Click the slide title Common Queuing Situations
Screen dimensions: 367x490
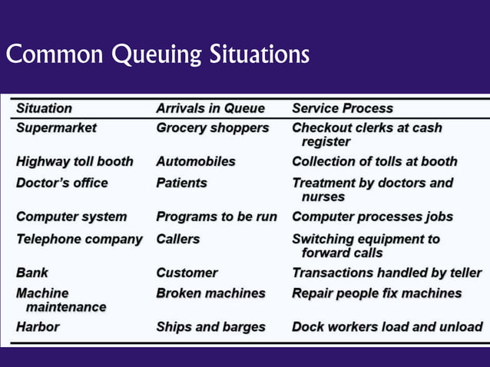157,55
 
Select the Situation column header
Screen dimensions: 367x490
45,108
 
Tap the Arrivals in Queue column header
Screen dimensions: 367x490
210,108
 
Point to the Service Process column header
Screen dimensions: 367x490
343,108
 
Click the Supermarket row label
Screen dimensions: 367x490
57,127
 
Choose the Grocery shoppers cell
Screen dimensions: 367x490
213,127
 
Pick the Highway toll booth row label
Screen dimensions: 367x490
74,161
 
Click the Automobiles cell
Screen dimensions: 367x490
196,161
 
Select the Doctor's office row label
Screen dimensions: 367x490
62,183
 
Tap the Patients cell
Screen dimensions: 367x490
182,183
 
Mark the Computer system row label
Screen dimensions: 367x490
71,217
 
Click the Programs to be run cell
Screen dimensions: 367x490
217,217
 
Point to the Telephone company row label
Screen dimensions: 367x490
79,239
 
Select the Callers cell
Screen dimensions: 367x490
178,239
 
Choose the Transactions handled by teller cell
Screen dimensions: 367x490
387,273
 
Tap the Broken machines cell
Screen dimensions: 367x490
210,293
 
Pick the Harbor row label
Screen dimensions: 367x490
38,326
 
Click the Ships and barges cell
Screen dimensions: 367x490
210,326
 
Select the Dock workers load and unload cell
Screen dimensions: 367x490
387,326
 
